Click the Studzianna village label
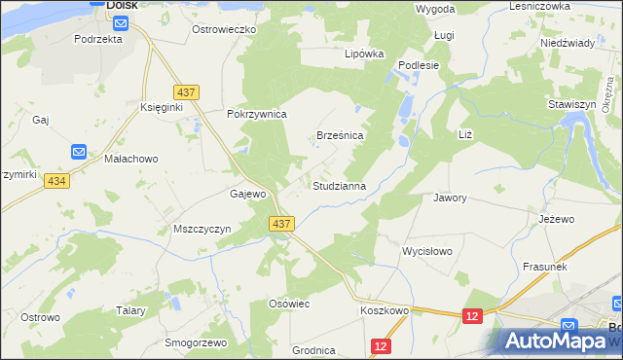tap(338, 185)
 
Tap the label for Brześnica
tap(340, 136)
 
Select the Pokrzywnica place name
tap(256, 114)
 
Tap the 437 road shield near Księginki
tap(189, 92)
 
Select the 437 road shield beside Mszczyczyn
tap(281, 224)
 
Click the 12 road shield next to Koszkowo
tap(472, 316)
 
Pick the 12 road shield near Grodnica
tap(381, 346)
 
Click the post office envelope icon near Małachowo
tap(79, 152)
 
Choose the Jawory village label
tap(450, 198)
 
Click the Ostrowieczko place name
tap(223, 30)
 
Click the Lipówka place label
tap(364, 54)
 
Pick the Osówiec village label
tap(288, 304)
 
